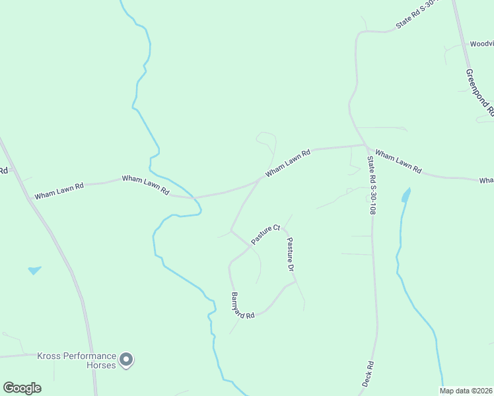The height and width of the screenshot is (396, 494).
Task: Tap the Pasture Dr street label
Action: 289,255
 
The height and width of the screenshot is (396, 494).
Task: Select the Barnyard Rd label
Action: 242,306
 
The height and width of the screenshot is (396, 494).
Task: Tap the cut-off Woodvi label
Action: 481,44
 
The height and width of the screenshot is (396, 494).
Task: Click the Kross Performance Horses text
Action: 76,360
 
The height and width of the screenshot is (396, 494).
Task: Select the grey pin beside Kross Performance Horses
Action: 127,360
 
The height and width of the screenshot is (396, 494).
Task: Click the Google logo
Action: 22,388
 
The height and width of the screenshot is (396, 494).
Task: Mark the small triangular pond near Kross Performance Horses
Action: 34,270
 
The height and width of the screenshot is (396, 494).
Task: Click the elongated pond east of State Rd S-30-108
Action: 405,195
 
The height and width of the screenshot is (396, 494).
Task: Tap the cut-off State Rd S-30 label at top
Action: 417,16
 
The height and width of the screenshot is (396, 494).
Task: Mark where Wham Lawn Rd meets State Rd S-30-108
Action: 365,145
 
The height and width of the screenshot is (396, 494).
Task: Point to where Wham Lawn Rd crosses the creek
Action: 193,197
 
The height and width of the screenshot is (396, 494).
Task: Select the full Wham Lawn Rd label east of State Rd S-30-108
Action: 398,162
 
